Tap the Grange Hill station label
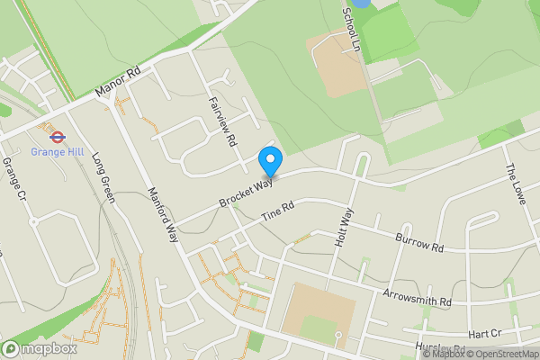(x=57, y=152)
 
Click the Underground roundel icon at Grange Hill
(x=57, y=138)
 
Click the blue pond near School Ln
(x=360, y=4)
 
